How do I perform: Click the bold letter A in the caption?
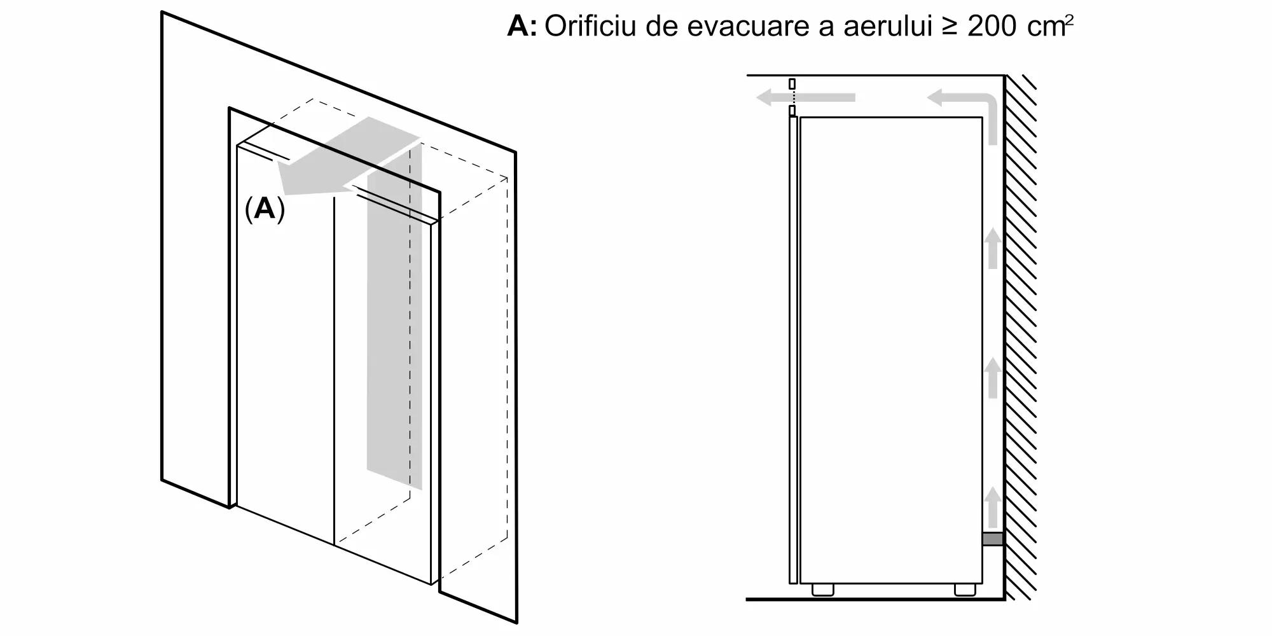(518, 27)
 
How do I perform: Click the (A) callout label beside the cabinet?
(265, 209)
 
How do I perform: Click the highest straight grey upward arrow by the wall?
(993, 248)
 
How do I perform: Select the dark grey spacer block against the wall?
(993, 539)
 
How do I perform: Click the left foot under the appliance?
(822, 590)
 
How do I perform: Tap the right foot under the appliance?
(965, 590)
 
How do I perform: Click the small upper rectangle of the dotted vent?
(792, 84)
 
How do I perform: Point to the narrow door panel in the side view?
(792, 350)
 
